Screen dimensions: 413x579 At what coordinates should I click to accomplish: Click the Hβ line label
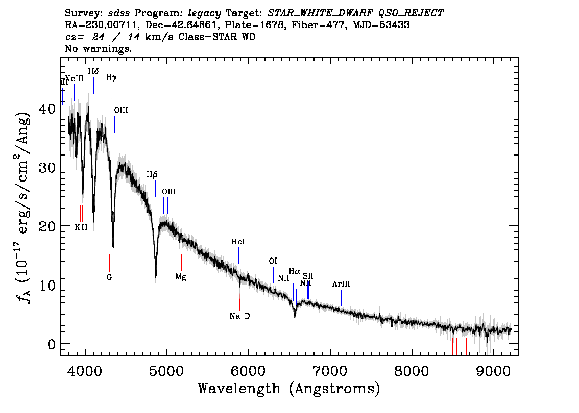(x=152, y=174)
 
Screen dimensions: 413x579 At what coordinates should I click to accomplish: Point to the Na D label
(x=239, y=316)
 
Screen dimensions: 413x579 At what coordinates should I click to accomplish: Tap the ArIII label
(x=341, y=284)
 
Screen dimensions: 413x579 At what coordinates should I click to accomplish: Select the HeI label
(x=238, y=242)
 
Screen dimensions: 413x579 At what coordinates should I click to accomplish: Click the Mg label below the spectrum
(x=181, y=277)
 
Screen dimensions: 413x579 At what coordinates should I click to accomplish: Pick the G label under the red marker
(x=109, y=277)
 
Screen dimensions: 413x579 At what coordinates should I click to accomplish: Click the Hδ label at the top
(x=93, y=71)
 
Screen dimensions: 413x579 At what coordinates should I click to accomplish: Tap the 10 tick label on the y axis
(x=46, y=285)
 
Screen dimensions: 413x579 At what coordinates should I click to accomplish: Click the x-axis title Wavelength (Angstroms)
(x=289, y=389)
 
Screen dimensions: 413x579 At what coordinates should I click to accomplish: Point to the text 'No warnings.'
(x=99, y=49)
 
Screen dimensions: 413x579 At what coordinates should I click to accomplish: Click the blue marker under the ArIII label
(x=342, y=298)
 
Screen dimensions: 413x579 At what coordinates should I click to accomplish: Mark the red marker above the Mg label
(x=181, y=263)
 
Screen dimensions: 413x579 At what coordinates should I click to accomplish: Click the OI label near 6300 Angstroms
(x=273, y=261)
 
